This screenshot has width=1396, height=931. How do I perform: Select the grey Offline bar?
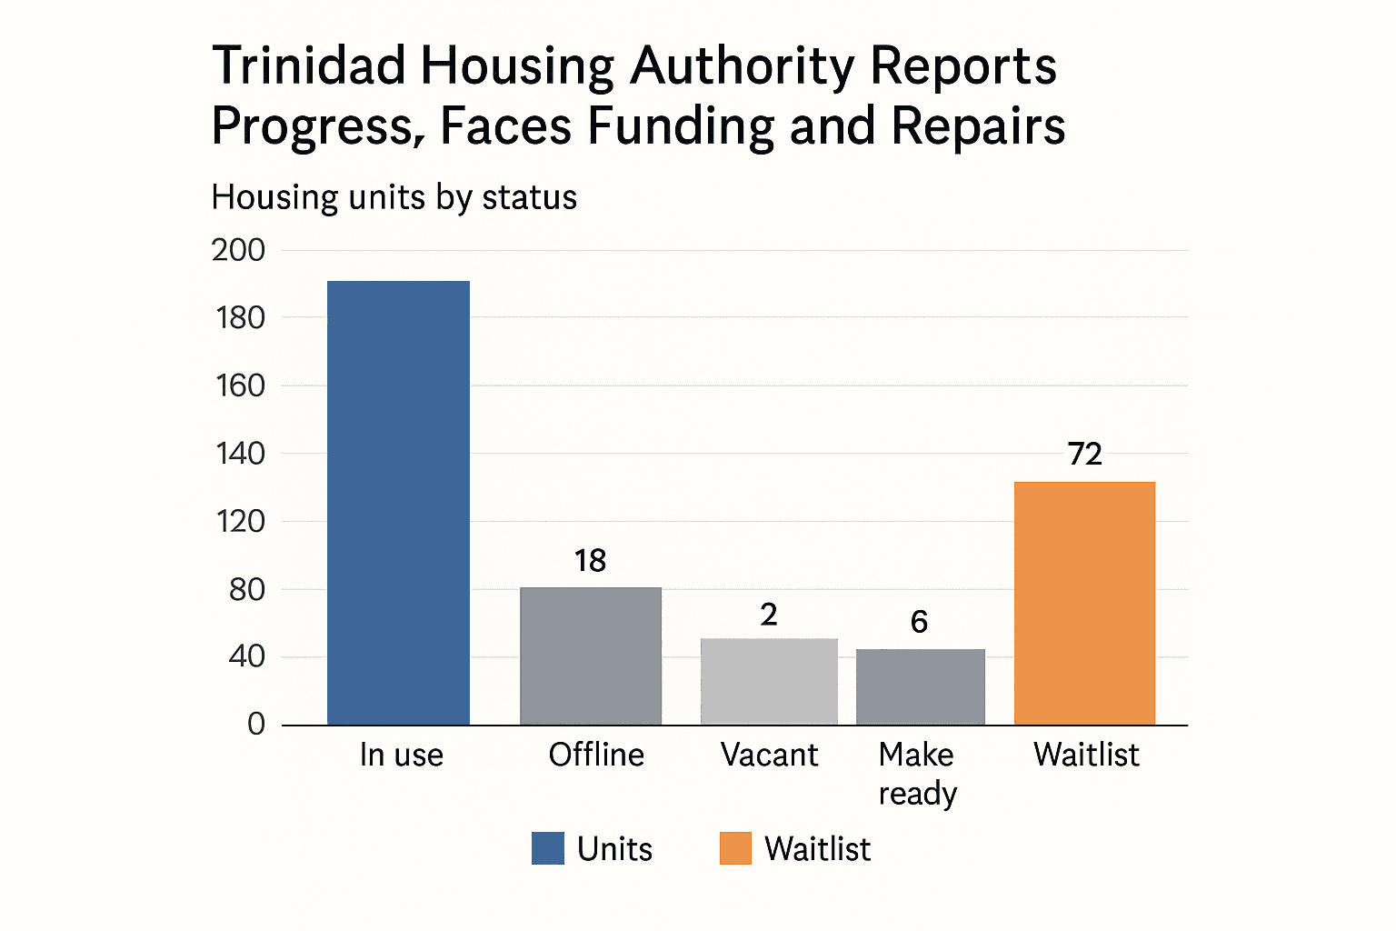tap(591, 656)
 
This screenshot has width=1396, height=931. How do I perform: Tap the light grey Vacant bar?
tap(769, 681)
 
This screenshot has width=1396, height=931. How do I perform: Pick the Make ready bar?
tap(920, 686)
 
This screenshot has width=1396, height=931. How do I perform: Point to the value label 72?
tap(1084, 454)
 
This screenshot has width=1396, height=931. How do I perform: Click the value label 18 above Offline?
tap(590, 561)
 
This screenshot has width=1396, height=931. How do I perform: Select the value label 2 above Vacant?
tap(769, 616)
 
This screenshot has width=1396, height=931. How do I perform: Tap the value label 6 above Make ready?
tap(919, 622)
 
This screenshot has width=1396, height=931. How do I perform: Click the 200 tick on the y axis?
tap(238, 250)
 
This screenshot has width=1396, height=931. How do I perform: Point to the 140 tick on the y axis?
tap(240, 454)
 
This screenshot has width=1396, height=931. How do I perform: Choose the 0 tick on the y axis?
tap(256, 724)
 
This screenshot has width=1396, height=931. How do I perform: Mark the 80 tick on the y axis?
tap(246, 589)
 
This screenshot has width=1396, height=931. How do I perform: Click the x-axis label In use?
tap(401, 755)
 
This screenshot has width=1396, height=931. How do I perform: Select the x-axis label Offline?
tap(596, 755)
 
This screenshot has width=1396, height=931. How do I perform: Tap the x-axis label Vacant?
tap(769, 755)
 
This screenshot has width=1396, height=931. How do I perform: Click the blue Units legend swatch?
tap(548, 848)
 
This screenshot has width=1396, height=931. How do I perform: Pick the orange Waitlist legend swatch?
tap(735, 848)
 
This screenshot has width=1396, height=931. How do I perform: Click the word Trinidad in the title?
tap(308, 66)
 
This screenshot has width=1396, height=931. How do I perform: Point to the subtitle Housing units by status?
tap(394, 197)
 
